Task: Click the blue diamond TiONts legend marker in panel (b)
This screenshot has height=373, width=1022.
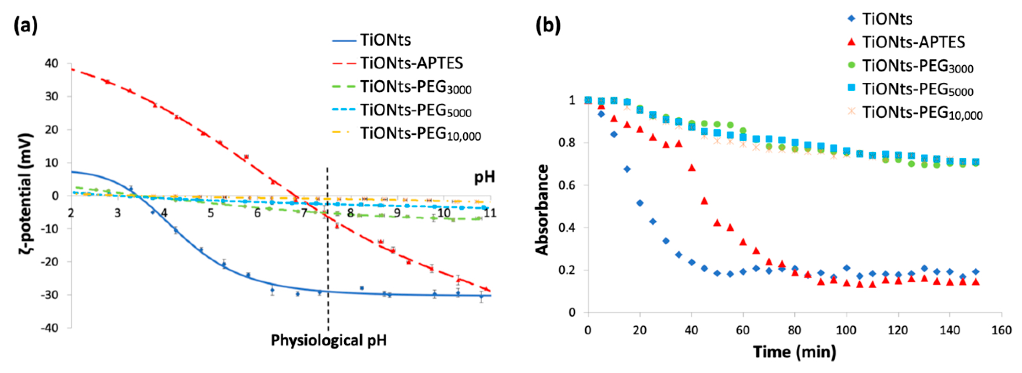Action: click(851, 19)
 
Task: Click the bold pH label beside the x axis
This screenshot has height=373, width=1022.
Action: click(484, 177)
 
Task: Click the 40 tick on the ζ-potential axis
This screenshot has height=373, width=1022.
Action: click(52, 64)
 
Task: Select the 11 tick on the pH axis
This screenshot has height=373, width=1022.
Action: click(490, 213)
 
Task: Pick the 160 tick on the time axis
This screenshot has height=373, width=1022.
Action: click(1001, 330)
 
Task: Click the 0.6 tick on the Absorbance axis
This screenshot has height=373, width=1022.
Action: click(567, 185)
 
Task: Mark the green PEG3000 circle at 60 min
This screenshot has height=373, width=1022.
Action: click(743, 131)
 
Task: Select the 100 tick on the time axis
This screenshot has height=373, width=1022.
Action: click(846, 330)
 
